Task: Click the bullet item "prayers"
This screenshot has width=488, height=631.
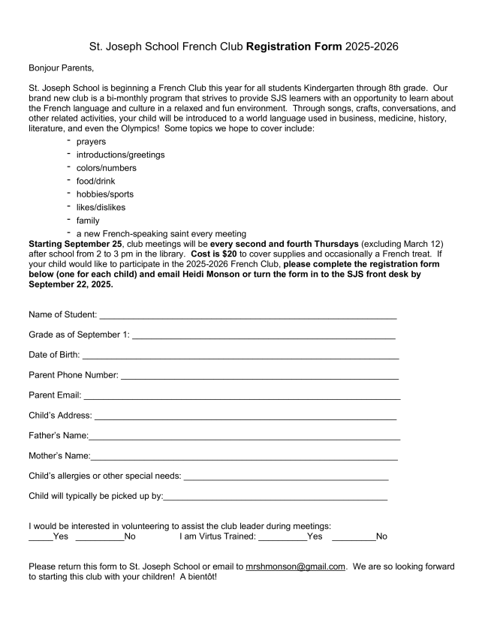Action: [x=91, y=141]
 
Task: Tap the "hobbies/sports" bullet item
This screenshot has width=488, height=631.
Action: [x=105, y=194]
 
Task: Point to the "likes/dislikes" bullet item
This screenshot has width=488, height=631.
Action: [x=101, y=207]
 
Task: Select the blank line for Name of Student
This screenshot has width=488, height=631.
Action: [x=247, y=314]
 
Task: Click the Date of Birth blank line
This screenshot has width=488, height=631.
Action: [x=240, y=356]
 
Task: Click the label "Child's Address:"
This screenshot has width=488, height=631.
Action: [x=60, y=415]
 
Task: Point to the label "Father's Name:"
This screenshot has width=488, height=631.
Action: [x=59, y=435]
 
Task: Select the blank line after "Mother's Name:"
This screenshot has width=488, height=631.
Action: [x=244, y=457]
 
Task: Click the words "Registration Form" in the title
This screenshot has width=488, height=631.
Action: [x=294, y=47]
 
